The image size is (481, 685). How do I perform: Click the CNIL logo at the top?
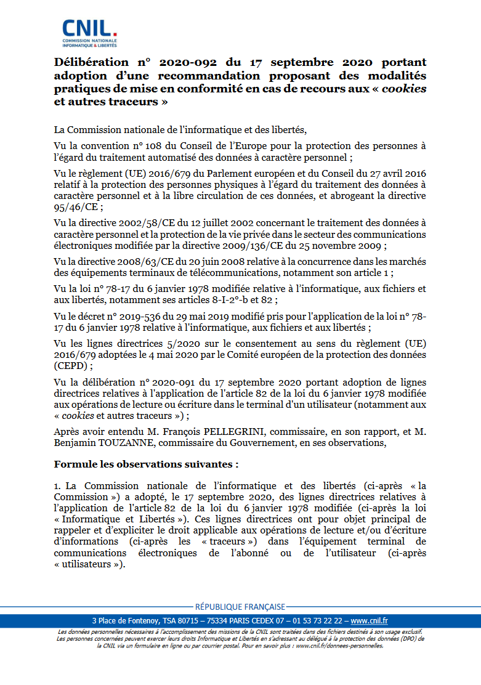[89, 33]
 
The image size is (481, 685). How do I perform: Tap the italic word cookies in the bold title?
[404, 89]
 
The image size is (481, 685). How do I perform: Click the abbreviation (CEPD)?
[71, 365]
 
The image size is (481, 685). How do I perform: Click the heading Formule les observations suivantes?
[146, 463]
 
